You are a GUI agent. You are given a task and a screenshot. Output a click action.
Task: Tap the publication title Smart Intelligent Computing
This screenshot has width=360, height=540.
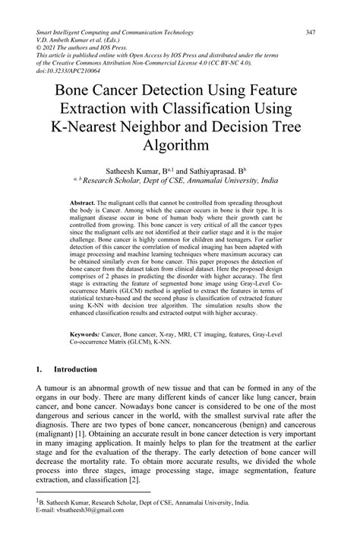pos(80,33)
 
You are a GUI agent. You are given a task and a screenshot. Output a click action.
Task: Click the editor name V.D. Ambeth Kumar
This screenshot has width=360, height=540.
pos(65,40)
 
